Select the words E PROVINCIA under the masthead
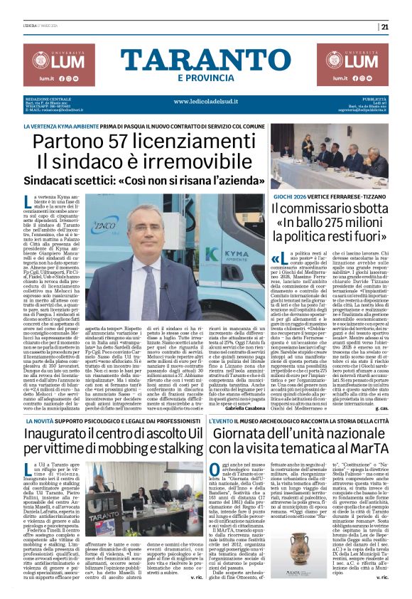pyautogui.click(x=205, y=77)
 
